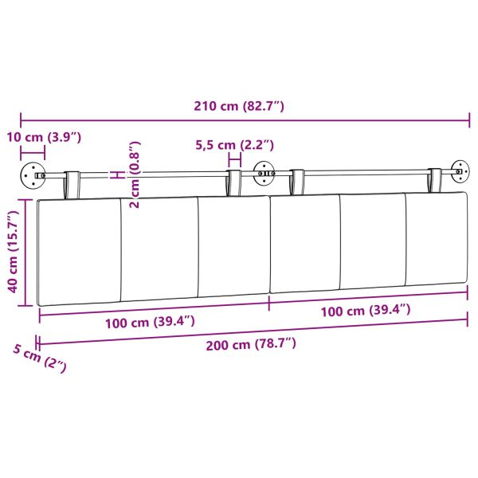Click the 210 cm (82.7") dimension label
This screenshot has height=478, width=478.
(239, 106)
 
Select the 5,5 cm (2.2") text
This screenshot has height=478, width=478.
(235, 145)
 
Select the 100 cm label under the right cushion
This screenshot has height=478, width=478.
(366, 309)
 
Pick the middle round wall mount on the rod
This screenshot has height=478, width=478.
(262, 173)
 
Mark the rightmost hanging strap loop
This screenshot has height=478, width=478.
(436, 180)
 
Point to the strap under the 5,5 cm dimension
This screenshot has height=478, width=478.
(234, 182)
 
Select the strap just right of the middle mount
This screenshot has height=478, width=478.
(297, 182)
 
